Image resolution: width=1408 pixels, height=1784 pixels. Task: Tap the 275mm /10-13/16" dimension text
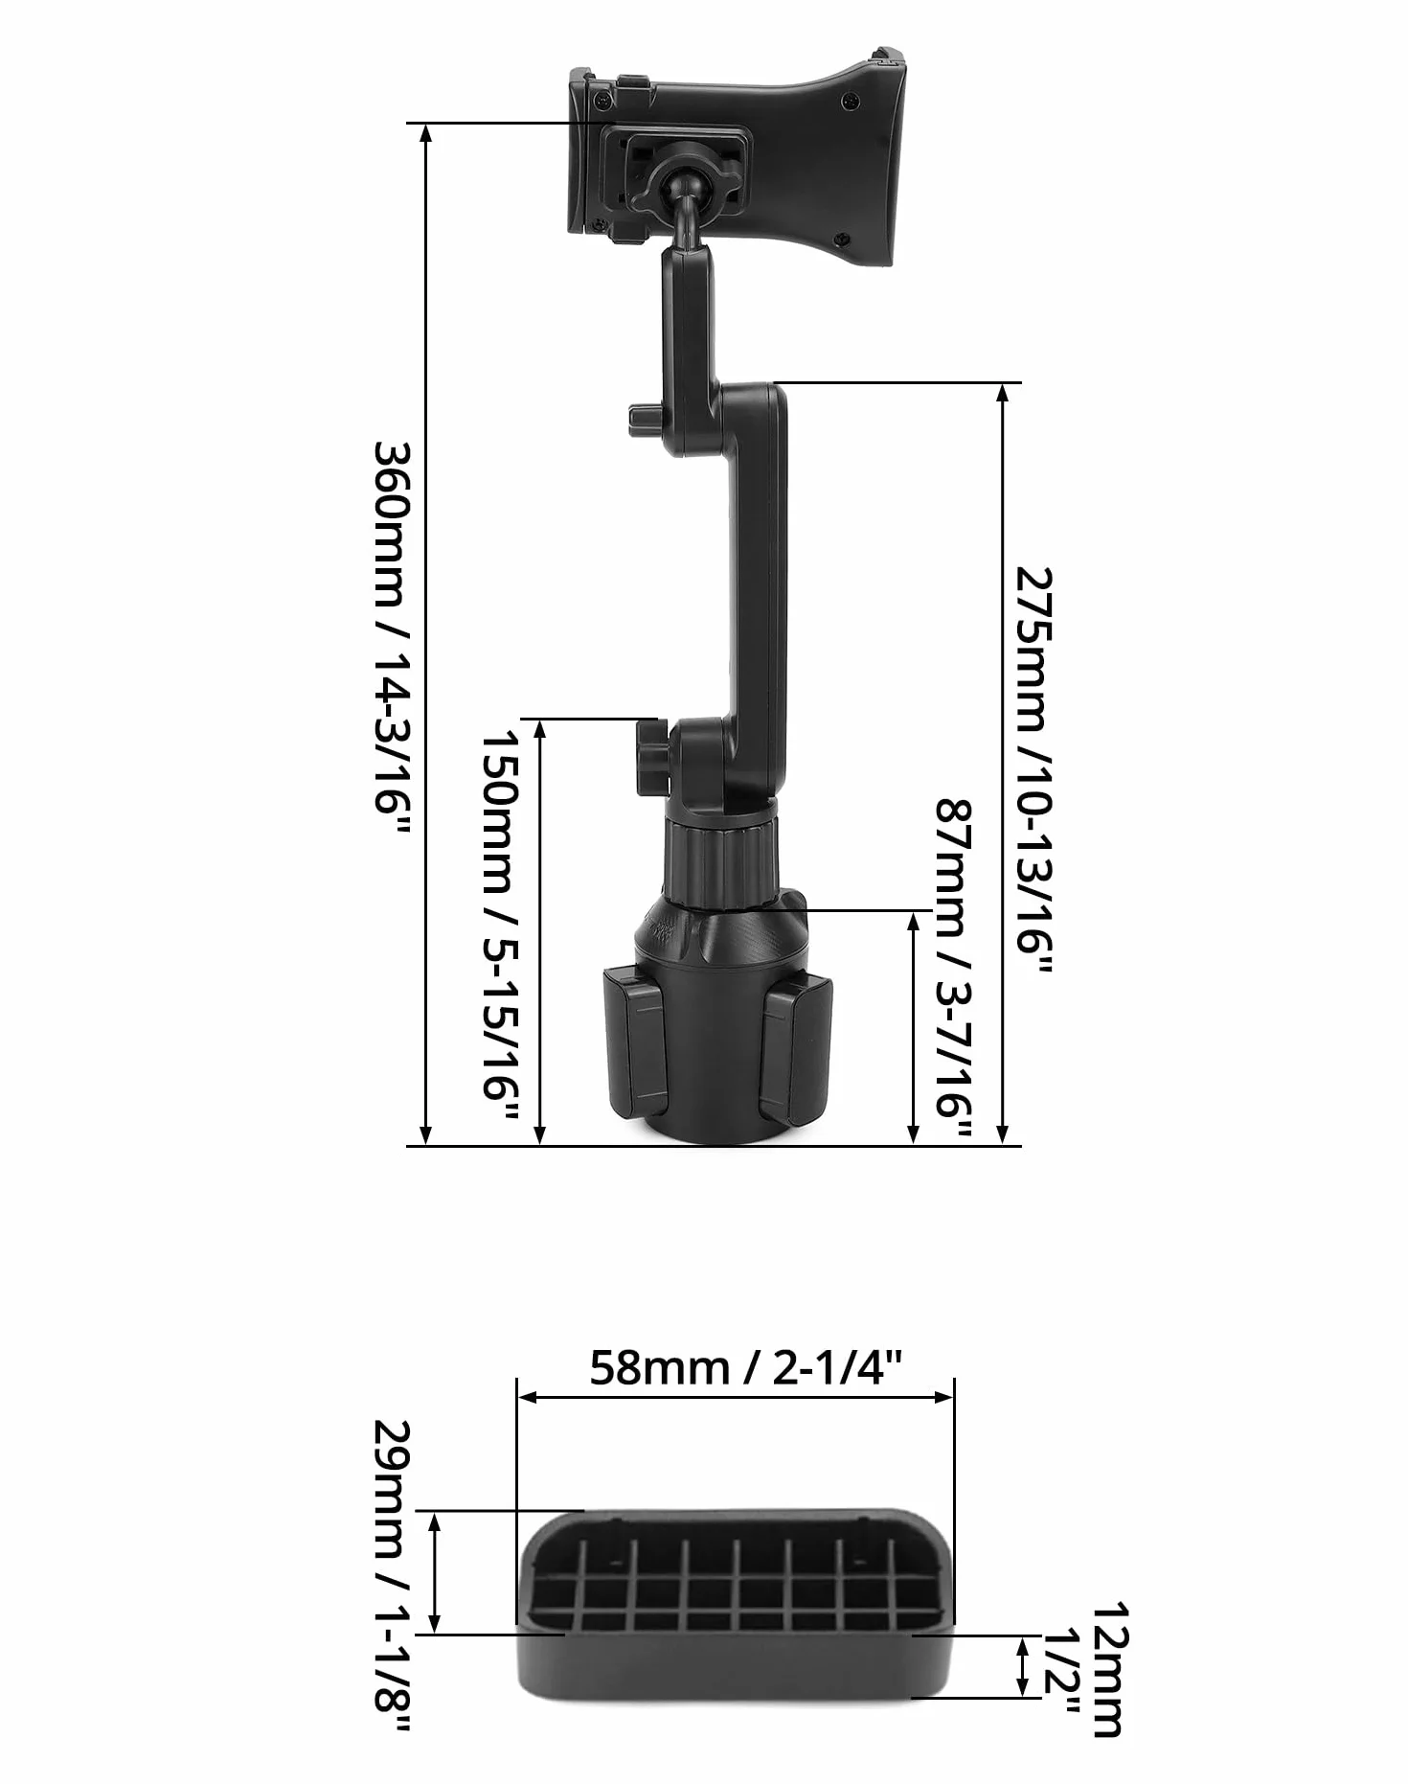(1033, 770)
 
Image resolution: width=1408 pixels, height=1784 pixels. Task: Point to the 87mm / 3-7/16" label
(954, 970)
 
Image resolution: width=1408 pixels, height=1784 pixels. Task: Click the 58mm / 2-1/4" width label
(745, 1367)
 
